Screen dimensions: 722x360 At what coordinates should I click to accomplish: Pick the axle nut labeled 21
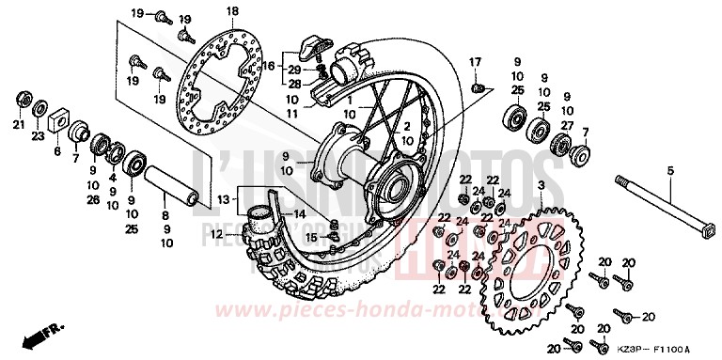(x=21, y=99)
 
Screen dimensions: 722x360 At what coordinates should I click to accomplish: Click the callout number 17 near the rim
(x=476, y=62)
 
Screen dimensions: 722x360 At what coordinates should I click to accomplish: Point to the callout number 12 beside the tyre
(x=214, y=234)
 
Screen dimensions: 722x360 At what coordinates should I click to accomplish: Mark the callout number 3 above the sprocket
(x=541, y=189)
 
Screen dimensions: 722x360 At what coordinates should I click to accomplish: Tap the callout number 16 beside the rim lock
(x=270, y=67)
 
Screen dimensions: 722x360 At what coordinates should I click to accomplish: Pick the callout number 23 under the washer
(x=39, y=136)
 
